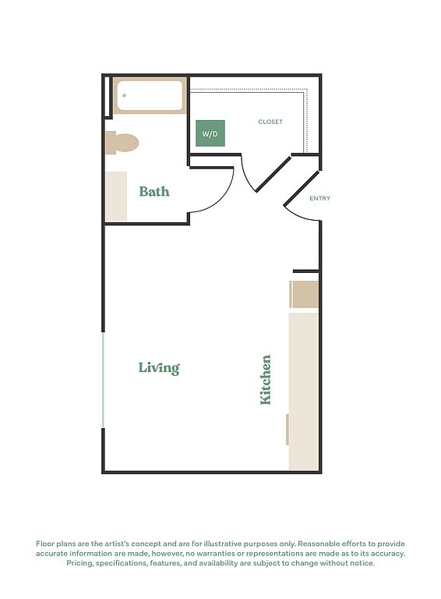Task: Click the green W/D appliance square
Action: pos(210,133)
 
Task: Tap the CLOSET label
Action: pos(270,122)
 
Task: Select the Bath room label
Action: pos(154,191)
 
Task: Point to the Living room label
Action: pos(159,367)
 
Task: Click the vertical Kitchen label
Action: pos(265,380)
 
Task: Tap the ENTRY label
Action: pos(319,198)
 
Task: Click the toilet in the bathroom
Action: pos(122,143)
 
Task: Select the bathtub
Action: pos(150,95)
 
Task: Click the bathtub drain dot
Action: pos(125,95)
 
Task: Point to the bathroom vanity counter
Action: pos(116,197)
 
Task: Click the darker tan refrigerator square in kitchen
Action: pos(304,294)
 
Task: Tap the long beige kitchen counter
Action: pos(303,392)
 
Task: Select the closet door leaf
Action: pos(273,174)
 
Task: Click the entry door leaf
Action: pos(302,189)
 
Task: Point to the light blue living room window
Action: pos(103,380)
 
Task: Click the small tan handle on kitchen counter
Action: pos(288,430)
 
